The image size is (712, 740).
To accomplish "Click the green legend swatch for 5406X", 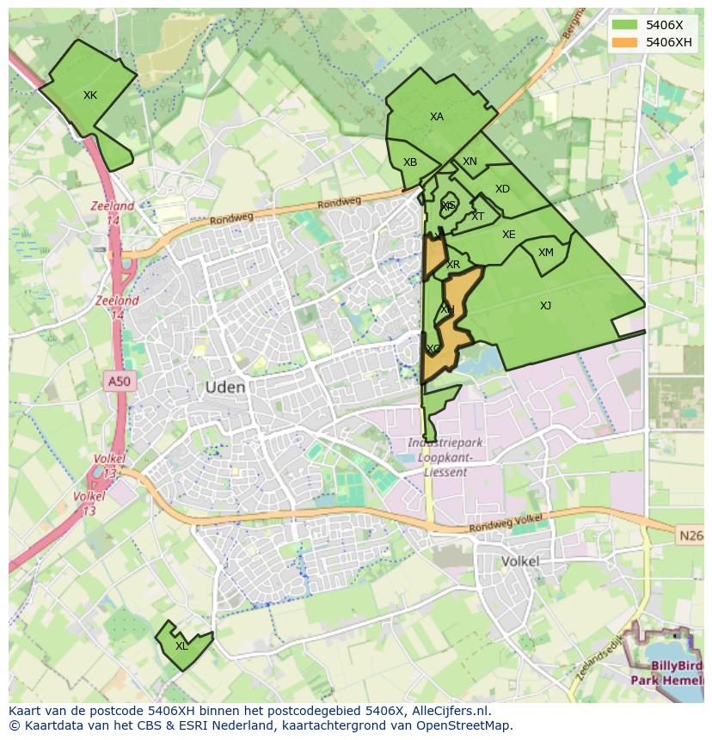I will click(624, 25).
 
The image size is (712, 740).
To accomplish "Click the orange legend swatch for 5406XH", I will click(624, 42).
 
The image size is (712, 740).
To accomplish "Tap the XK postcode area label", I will click(90, 95).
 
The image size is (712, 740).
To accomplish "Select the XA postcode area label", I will click(437, 117).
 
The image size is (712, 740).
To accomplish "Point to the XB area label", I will click(410, 162).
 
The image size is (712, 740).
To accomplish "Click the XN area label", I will click(470, 162).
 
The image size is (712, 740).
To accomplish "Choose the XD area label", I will click(502, 189).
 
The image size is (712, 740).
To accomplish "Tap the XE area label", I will click(508, 235).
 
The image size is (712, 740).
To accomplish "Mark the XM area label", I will click(546, 253).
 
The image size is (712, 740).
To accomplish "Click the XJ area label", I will click(545, 306).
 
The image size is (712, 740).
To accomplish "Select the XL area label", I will click(181, 646).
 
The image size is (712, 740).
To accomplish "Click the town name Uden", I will click(225, 388).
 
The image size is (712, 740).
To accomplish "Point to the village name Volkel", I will click(519, 561).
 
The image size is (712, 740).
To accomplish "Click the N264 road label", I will click(691, 535).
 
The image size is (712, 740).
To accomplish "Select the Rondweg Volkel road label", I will click(506, 523).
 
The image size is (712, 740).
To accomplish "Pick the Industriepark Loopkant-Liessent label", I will click(445, 457).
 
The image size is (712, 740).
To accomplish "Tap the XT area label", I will click(477, 217).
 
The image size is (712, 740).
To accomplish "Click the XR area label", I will click(453, 265).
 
